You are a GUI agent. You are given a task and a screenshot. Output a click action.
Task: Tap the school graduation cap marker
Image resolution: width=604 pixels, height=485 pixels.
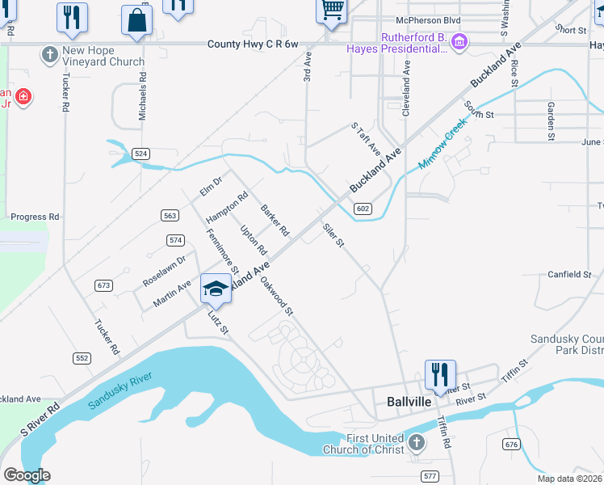coord(216,289)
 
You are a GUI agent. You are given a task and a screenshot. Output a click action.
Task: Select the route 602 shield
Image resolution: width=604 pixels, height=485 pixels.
coord(363,209)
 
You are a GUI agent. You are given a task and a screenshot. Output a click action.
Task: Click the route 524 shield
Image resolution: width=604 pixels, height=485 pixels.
coord(141,153)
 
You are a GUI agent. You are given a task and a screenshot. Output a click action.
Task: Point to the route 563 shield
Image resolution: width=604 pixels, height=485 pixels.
coord(170,215)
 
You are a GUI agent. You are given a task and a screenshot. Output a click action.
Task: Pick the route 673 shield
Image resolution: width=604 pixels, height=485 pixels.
coord(103,285)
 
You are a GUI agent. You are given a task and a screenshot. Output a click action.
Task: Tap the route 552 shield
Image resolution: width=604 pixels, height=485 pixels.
coord(82,357)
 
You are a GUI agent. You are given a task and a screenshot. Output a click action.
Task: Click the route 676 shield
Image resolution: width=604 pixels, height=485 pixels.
coord(510,444)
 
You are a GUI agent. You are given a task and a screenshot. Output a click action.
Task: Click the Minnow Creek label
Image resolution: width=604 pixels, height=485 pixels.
coord(443,144)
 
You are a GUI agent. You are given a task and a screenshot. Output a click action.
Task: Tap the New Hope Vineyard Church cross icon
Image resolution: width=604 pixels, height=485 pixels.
coord(49,55)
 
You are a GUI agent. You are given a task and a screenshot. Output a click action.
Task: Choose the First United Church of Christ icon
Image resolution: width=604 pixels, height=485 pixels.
coord(416,442)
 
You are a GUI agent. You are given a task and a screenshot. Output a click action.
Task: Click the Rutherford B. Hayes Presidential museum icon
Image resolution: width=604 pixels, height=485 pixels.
coord(459,41)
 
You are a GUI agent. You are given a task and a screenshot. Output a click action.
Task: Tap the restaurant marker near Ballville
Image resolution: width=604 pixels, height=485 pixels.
coord(440,374)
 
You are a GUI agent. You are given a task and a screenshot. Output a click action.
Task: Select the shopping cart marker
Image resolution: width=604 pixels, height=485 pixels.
coord(331,11)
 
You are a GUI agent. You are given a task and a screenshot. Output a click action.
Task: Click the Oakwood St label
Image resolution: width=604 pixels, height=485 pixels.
coord(276,296)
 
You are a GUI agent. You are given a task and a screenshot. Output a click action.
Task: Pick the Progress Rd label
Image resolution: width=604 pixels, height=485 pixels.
coord(35,217)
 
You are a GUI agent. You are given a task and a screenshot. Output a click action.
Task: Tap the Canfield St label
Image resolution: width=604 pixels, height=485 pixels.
coord(569,274)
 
